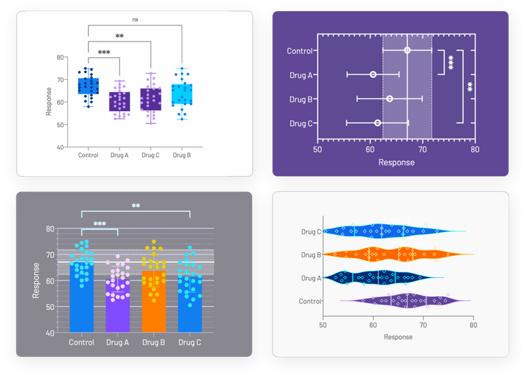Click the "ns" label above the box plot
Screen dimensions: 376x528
coord(135,20)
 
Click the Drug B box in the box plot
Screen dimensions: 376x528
coord(182,94)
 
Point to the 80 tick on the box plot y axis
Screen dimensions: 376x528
coord(60,57)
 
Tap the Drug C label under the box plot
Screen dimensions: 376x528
coord(150,155)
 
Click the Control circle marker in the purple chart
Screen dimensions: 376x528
coord(407,51)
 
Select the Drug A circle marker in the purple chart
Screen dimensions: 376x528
coord(374,75)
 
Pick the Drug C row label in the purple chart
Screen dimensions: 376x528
coord(301,123)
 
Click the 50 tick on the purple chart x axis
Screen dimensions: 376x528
coord(317,149)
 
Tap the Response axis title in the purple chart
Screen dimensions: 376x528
coord(396,162)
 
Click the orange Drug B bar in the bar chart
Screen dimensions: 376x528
coord(153,300)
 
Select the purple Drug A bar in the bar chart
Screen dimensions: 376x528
coord(117,303)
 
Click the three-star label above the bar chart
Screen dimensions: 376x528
coord(100,224)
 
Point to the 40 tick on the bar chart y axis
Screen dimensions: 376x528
coord(50,333)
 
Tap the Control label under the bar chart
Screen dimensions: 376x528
coord(81,343)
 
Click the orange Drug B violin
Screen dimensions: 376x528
coord(396,254)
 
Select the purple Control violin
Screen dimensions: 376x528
coord(403,301)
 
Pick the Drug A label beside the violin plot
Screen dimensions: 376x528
coord(311,278)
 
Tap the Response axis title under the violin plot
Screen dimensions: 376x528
coord(398,337)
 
